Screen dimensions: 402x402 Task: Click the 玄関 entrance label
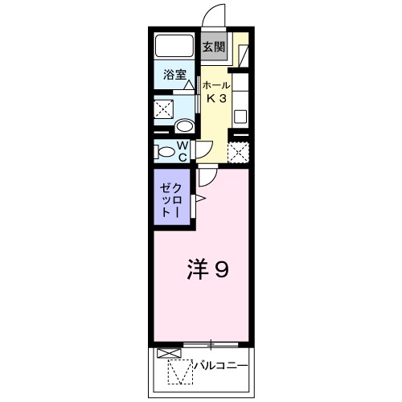[213, 46]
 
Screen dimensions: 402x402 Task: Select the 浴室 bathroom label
[175, 76]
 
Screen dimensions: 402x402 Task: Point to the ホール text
[215, 85]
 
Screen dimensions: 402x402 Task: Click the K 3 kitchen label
[215, 99]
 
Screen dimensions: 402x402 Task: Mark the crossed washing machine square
[166, 109]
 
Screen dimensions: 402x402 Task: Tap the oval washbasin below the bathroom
[184, 126]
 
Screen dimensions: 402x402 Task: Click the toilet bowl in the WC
[166, 151]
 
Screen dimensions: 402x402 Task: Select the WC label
[183, 150]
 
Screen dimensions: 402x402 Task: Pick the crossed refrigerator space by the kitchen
[238, 150]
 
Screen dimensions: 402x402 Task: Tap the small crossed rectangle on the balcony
[165, 353]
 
